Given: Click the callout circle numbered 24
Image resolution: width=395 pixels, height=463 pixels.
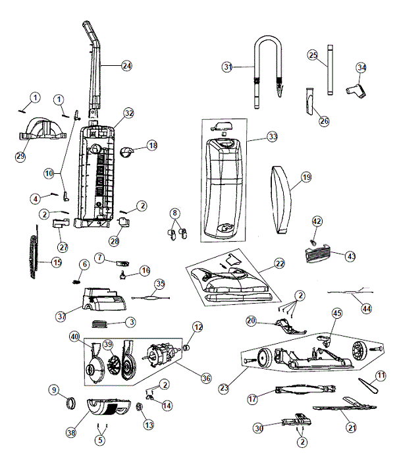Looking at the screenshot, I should click(x=126, y=65).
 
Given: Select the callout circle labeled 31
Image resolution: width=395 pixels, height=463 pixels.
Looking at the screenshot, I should click(x=228, y=67).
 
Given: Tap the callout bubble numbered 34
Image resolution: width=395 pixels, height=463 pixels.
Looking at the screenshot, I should click(x=361, y=67).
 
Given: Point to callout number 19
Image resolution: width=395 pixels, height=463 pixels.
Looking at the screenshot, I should click(x=305, y=177).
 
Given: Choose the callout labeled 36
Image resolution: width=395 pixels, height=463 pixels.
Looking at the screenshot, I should click(x=206, y=377).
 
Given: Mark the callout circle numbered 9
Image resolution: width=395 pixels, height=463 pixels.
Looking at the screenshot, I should click(x=54, y=390).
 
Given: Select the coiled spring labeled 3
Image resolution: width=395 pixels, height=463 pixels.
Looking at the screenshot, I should click(x=101, y=323).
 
